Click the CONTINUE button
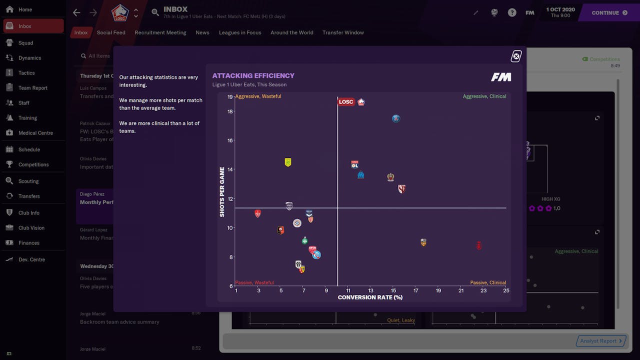(609, 12)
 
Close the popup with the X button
(516, 56)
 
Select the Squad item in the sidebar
(26, 43)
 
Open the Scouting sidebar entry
(28, 181)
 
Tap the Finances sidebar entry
(29, 243)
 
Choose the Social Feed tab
(111, 32)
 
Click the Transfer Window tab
(343, 32)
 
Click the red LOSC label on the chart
(346, 102)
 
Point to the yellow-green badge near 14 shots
(288, 162)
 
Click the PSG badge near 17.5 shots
(396, 118)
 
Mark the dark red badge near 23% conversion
(478, 245)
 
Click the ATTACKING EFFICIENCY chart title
(253, 76)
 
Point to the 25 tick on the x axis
(506, 290)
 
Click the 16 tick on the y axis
(230, 140)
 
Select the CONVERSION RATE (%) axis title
(370, 297)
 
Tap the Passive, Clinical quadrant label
(487, 282)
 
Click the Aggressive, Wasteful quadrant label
(258, 96)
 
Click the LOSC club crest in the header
(120, 12)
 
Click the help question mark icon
(512, 12)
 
